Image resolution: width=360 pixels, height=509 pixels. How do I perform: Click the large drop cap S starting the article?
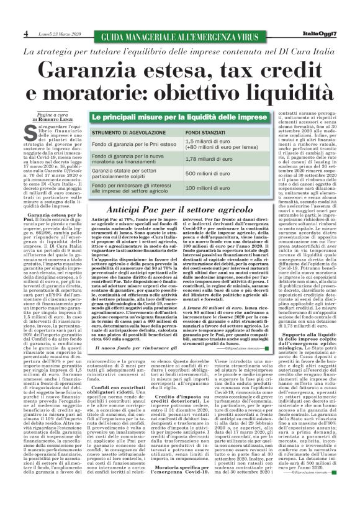31,133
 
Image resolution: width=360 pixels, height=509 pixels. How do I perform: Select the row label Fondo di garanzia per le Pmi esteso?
132,144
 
